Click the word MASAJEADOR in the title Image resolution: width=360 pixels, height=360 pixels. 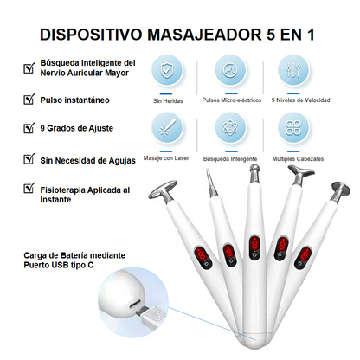click(x=203, y=35)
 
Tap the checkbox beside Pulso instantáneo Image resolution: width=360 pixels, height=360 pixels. click(x=29, y=99)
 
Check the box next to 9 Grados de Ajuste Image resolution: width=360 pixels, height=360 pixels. click(x=29, y=127)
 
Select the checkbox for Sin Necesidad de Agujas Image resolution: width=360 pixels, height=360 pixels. click(x=29, y=158)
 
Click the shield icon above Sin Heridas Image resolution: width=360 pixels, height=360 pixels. click(x=167, y=70)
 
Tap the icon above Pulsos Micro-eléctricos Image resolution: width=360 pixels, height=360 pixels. click(x=230, y=70)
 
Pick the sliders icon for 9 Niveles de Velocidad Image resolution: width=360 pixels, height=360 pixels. click(x=293, y=70)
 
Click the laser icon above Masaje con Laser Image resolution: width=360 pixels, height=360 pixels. click(x=167, y=127)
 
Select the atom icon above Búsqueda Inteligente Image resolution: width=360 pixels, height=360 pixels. click(x=230, y=127)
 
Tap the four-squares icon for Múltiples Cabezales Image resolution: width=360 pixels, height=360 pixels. click(x=293, y=127)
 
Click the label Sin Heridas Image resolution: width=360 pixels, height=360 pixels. click(x=168, y=100)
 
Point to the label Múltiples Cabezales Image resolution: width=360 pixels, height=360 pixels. click(x=298, y=159)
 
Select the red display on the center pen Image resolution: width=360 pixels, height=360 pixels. click(x=254, y=245)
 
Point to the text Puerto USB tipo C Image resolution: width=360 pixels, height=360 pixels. click(x=59, y=265)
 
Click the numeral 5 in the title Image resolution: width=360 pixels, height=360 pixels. click(x=271, y=35)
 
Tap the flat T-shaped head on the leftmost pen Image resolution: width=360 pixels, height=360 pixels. click(x=164, y=190)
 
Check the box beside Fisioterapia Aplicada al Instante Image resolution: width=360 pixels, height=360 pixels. click(x=29, y=188)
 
